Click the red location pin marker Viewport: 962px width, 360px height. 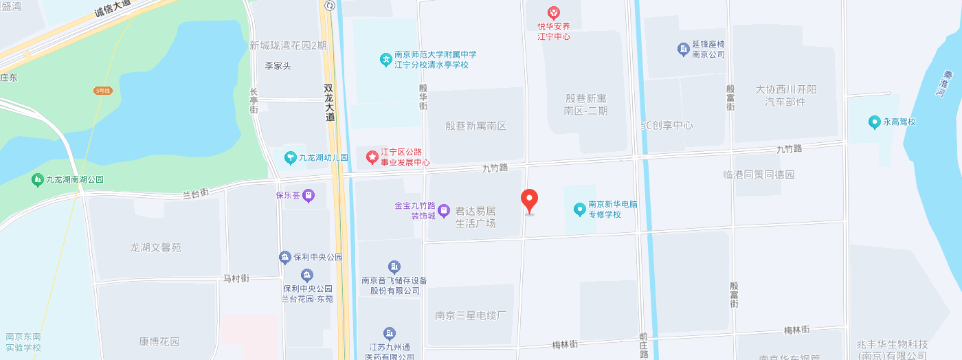coord(529,201)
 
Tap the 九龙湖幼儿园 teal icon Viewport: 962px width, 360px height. coord(291,158)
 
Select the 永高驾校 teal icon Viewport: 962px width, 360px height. coord(875,122)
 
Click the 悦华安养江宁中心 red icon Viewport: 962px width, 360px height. coord(553,13)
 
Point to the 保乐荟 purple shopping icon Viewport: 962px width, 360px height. coord(309,196)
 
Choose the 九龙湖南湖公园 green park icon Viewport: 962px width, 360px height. coord(38,180)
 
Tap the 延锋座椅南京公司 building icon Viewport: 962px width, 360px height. coord(683,49)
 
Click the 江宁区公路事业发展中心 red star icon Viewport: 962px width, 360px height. coord(372,158)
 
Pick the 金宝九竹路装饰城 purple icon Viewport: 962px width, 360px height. coord(444,210)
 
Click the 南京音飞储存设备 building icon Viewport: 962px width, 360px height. coord(394,267)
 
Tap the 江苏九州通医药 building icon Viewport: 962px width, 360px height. coord(390,334)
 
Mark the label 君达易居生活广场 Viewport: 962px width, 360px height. coord(476,217)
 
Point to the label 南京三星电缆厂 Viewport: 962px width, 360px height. coord(471,316)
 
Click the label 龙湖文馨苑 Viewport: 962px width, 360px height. coord(156,247)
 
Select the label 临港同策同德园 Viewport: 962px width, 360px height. coord(759,175)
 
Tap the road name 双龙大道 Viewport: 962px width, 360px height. coord(330,103)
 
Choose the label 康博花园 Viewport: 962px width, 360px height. coord(159,341)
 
